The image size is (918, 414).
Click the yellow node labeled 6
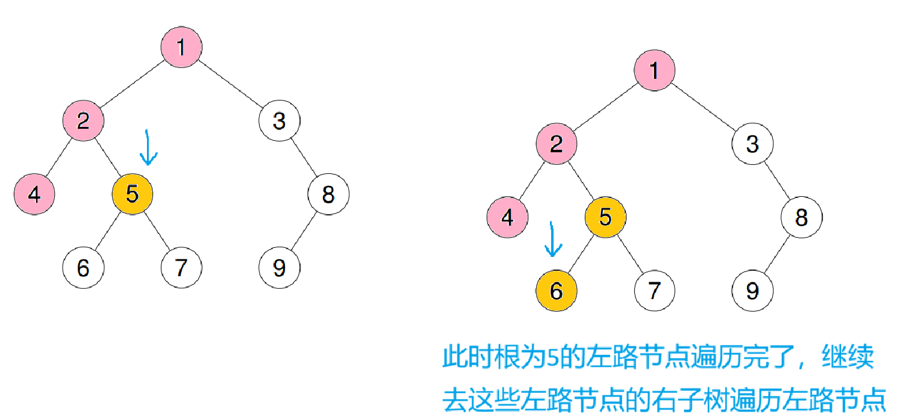click(x=556, y=291)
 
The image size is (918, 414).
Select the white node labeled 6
click(x=83, y=268)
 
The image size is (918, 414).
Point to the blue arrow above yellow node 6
click(x=552, y=239)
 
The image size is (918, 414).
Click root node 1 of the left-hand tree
click(x=181, y=47)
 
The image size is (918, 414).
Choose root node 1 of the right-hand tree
click(x=654, y=71)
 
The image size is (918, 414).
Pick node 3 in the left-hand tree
click(x=279, y=121)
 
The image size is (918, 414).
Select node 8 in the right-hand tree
click(x=801, y=218)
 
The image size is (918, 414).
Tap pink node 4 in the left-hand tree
click(x=34, y=194)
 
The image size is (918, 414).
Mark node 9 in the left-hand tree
click(x=279, y=268)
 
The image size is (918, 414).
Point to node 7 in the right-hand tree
click(x=654, y=291)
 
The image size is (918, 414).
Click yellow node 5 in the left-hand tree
click(x=133, y=194)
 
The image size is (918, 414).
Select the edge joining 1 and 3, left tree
click(x=231, y=84)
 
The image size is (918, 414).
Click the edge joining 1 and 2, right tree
click(x=605, y=108)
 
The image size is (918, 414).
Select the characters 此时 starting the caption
click(x=464, y=359)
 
